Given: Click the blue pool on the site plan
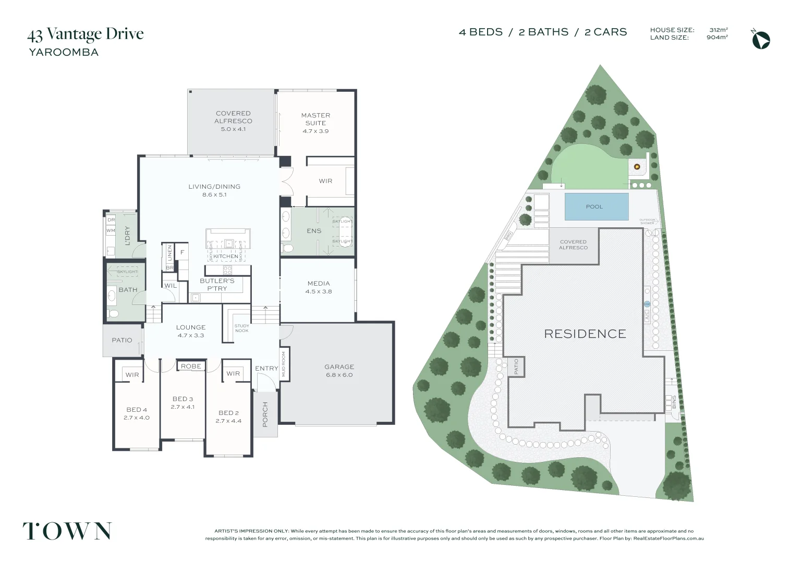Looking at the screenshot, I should [596, 206].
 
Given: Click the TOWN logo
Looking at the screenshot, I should [67, 531].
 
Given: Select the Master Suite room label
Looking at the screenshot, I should [315, 119].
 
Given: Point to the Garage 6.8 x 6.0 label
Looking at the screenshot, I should [339, 371].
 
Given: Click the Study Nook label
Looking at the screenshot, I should [241, 328].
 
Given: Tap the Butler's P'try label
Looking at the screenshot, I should [217, 285].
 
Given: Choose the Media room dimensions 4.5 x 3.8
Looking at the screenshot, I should [319, 291].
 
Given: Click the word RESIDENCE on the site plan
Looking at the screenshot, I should [585, 334].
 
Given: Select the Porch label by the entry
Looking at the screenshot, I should [265, 414].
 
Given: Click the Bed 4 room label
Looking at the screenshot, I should [137, 410].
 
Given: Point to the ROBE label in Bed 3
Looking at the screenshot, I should [191, 366].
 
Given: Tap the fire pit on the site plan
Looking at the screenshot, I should [637, 167].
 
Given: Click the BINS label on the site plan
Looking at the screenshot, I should [674, 401].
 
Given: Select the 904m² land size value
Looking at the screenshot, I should [717, 38].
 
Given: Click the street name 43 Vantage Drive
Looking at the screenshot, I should [86, 34].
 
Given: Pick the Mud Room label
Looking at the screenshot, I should [284, 364].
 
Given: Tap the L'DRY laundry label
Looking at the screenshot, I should [127, 235].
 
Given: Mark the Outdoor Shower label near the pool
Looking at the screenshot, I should [647, 222].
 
